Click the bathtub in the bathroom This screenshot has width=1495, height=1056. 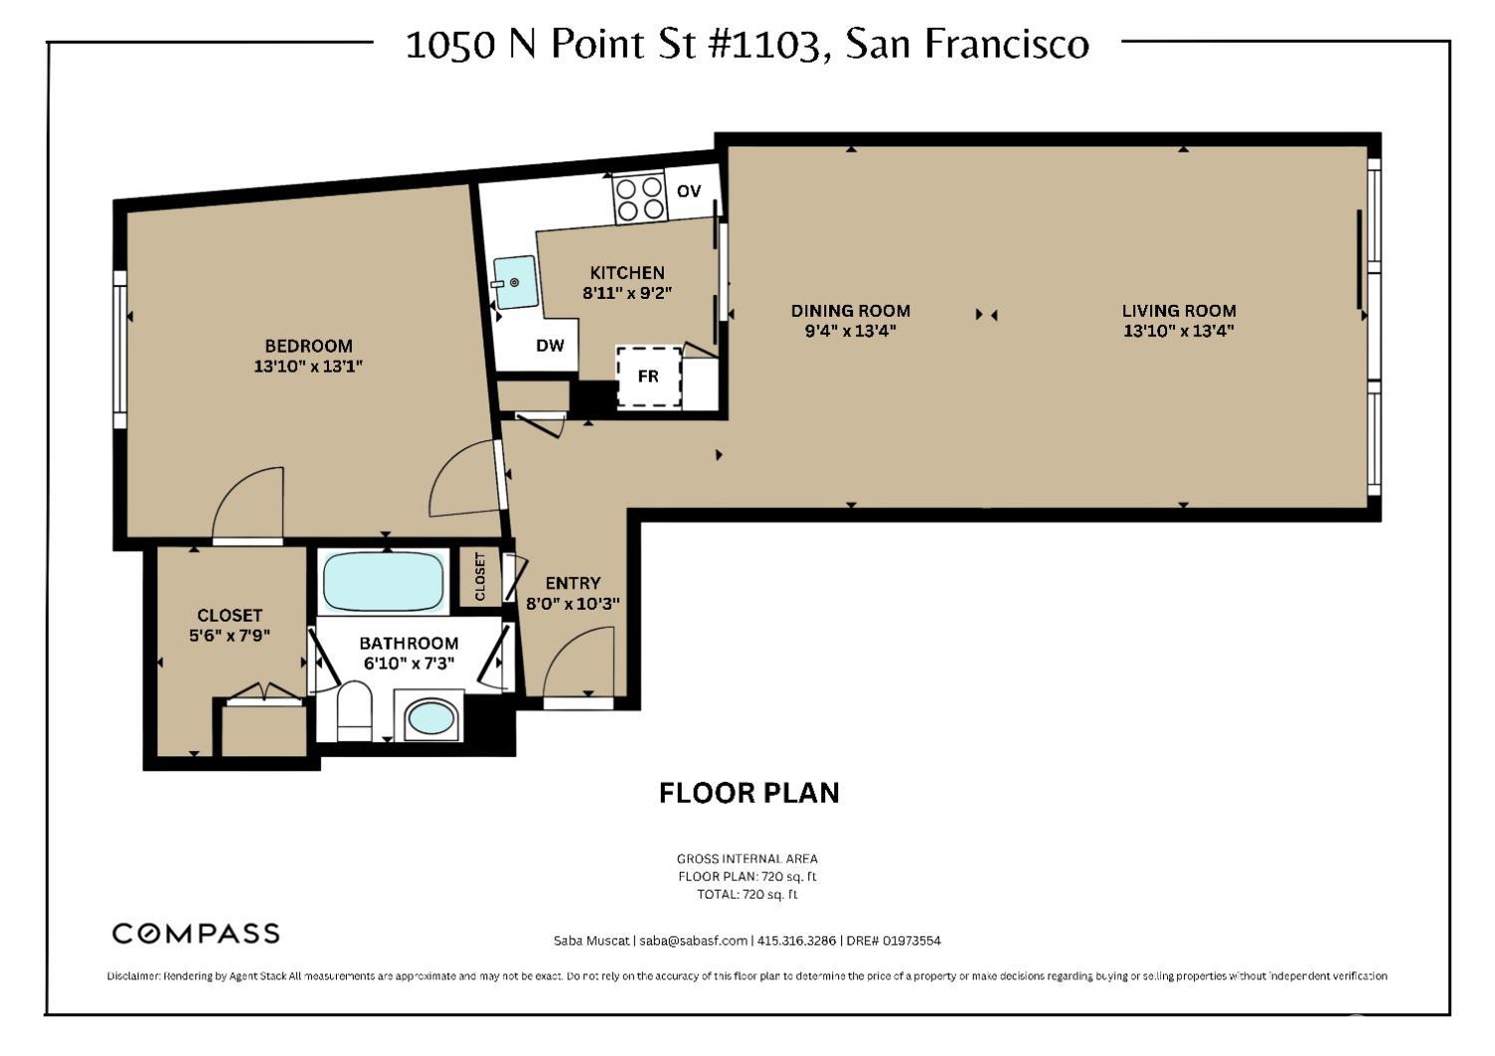[383, 582]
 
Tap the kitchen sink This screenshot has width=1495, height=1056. [514, 282]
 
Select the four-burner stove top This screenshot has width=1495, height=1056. [640, 199]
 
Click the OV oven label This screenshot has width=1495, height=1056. [689, 191]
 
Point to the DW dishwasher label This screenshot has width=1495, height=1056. [550, 345]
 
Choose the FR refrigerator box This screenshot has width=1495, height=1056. [649, 377]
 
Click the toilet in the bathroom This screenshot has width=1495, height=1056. [354, 710]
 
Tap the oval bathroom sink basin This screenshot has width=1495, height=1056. [431, 720]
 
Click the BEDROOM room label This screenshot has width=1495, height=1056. [308, 346]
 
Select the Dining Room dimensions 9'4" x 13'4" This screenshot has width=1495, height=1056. [850, 331]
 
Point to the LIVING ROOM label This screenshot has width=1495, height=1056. [1179, 311]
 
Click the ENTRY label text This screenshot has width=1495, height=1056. [573, 583]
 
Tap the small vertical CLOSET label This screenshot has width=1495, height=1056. [479, 577]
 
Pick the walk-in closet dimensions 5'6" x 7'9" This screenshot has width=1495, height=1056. [229, 635]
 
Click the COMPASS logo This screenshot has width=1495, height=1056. [195, 933]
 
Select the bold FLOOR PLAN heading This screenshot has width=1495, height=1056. [748, 793]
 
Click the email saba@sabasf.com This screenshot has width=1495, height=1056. [694, 940]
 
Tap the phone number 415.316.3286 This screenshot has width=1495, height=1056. [797, 940]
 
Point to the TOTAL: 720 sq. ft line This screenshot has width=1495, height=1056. [747, 895]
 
